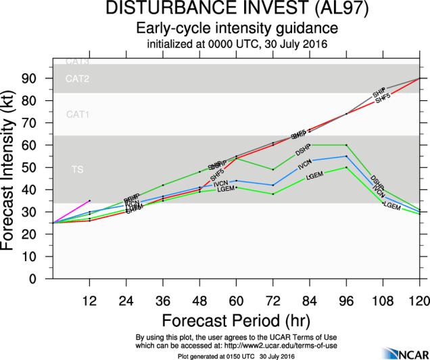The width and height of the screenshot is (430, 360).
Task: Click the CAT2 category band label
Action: pyautogui.click(x=77, y=79)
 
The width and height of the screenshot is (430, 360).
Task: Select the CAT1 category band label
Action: pyautogui.click(x=77, y=114)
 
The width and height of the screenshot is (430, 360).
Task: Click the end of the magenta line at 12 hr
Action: pyautogui.click(x=90, y=200)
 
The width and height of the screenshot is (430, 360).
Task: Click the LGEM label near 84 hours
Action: pyautogui.click(x=315, y=176)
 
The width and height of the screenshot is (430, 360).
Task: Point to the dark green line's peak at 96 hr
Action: pyautogui.click(x=347, y=145)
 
